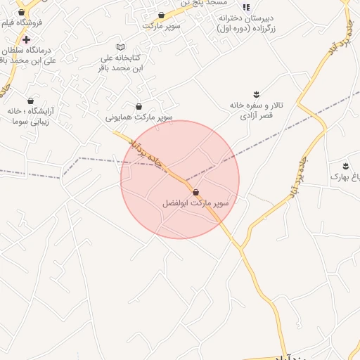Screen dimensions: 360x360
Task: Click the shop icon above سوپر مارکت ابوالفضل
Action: [x=195, y=192]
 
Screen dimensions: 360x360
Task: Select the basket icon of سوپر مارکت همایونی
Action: [x=139, y=107]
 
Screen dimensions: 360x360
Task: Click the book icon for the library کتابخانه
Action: [x=120, y=46]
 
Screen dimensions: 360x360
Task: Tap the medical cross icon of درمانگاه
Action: [x=26, y=39]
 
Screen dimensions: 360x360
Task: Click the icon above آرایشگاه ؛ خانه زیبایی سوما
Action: [x=30, y=101]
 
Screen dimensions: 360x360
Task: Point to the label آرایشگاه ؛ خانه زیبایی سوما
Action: [x=31, y=116]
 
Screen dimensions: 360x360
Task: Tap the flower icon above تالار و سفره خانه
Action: [x=256, y=94]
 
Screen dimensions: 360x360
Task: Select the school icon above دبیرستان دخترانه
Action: [x=246, y=6]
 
